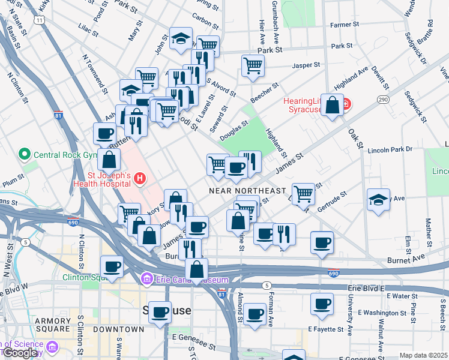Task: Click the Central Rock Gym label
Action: click(65, 154)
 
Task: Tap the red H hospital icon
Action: click(140, 178)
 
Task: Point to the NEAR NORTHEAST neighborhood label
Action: click(247, 190)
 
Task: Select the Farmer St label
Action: click(345, 25)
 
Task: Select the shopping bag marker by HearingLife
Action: click(331, 105)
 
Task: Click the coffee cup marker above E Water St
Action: click(322, 303)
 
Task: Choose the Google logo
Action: click(20, 353)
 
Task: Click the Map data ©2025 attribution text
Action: click(423, 355)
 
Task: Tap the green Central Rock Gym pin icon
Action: click(25, 154)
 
